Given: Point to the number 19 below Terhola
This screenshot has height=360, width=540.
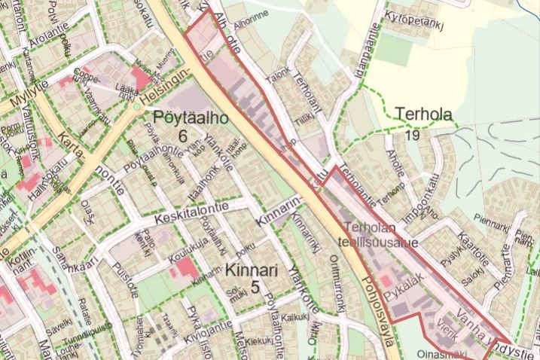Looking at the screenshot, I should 411,135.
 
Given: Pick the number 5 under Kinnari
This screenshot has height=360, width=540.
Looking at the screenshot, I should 255,287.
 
